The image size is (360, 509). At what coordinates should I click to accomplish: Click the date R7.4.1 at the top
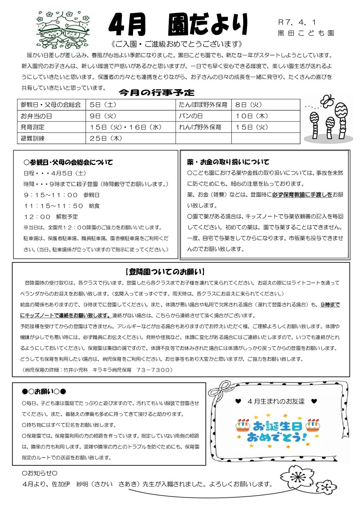pos(297,22)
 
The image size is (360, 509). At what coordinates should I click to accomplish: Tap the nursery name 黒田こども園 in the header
pos(306,33)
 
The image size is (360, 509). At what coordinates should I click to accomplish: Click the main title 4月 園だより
pos(178,25)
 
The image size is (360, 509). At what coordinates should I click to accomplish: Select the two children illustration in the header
pos(64,30)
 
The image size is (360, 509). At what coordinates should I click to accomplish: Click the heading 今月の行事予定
pos(157,92)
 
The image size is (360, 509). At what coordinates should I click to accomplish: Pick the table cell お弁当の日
pos(36,116)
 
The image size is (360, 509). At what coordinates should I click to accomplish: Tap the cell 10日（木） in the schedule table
pos(252,116)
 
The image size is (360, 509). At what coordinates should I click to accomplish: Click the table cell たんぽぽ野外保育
pos(203,105)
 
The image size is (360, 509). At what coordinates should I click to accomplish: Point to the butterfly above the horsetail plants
pos(327,101)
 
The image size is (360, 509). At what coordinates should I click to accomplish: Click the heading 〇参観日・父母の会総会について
pos(68,162)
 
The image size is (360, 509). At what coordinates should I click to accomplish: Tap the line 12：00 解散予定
pos(51,217)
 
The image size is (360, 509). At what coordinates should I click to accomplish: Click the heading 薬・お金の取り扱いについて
pos(228,162)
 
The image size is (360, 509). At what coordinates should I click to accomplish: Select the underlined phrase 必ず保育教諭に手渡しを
pos(302,194)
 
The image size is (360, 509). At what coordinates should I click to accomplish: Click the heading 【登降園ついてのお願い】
pos(165,272)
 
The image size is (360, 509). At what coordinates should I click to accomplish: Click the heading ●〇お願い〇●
pos(44,392)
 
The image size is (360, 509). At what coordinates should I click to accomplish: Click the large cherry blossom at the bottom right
pos(297,477)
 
